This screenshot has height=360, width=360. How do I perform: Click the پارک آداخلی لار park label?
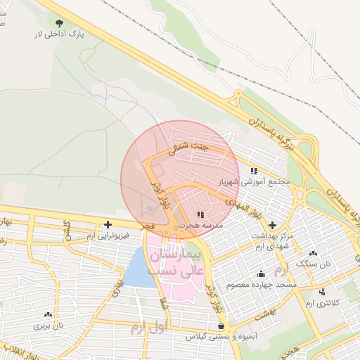click(60, 34)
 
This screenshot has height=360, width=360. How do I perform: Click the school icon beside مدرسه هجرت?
click(200, 214)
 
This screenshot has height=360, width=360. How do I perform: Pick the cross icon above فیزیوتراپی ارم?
click(108, 225)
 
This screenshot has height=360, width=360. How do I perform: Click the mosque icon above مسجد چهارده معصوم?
click(262, 274)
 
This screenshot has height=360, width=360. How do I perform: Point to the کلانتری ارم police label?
click(322, 302)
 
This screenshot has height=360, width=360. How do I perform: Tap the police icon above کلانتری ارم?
click(322, 291)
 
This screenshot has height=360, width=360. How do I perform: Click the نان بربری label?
click(49, 326)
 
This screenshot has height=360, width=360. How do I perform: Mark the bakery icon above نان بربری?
click(49, 314)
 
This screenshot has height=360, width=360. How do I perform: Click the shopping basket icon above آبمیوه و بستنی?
click(222, 326)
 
